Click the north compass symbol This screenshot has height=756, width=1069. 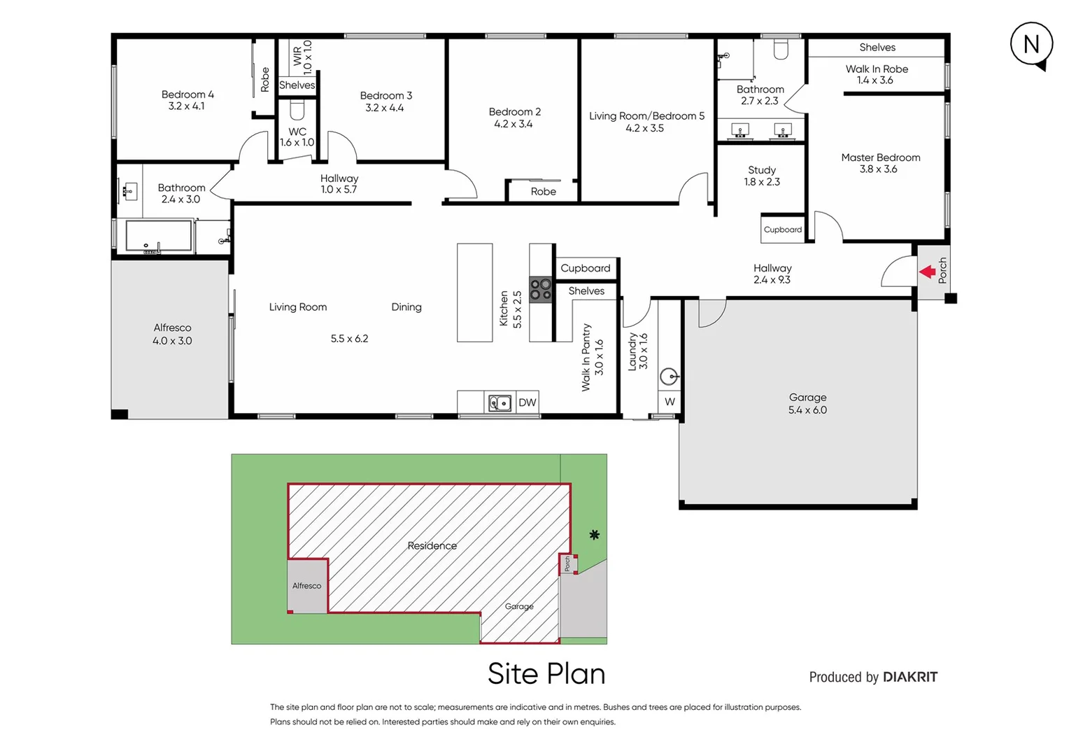[1031, 45]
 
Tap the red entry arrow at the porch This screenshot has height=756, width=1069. [928, 272]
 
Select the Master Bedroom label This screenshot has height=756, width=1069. [880, 163]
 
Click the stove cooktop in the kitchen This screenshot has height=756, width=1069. [540, 290]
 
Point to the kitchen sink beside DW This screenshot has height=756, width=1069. [500, 402]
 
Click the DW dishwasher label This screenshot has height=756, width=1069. [528, 402]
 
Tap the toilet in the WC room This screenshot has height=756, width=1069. [297, 111]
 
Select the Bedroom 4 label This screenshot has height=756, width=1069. [187, 100]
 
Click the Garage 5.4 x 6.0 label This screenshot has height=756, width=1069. [807, 403]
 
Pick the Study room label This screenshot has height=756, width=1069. [762, 176]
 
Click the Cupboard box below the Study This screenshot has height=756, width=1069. [783, 230]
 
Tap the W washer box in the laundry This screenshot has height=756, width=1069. [670, 402]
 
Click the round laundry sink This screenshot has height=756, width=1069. [670, 377]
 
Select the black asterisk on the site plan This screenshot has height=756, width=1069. [594, 535]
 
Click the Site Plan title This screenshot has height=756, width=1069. [546, 673]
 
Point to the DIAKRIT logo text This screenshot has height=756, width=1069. [909, 677]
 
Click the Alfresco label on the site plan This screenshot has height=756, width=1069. [306, 586]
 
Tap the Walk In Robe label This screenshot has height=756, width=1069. [877, 74]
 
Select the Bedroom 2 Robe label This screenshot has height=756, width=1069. [543, 191]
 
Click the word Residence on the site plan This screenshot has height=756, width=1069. [432, 546]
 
